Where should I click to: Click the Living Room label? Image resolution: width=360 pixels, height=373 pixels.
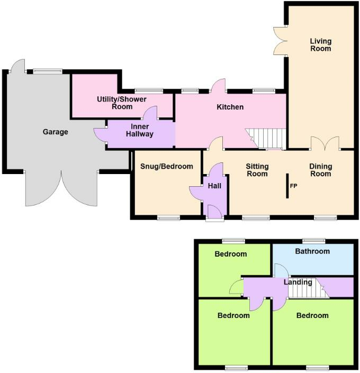click(320, 44)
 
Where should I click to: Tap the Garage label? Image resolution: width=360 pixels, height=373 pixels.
click(56, 132)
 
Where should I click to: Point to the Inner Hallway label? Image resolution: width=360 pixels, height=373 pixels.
click(140, 130)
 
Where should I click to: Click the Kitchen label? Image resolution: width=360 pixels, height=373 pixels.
click(230, 107)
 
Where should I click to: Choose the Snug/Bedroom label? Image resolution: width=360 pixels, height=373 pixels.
click(167, 166)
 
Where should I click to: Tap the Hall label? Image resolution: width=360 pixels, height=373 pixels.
click(214, 186)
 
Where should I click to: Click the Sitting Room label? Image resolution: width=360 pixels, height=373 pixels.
click(257, 170)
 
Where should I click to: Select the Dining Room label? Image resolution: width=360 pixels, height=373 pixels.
click(321, 170)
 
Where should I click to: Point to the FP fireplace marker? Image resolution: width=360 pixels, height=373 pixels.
click(293, 186)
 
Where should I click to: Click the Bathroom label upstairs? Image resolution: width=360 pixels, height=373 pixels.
click(312, 251)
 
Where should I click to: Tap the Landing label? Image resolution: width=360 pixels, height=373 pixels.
click(298, 282)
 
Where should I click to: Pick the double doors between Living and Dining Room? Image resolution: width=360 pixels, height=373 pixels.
click(325, 143)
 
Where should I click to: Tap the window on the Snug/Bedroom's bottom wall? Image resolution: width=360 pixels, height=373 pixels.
click(168, 217)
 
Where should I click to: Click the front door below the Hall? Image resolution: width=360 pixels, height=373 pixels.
click(214, 213)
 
